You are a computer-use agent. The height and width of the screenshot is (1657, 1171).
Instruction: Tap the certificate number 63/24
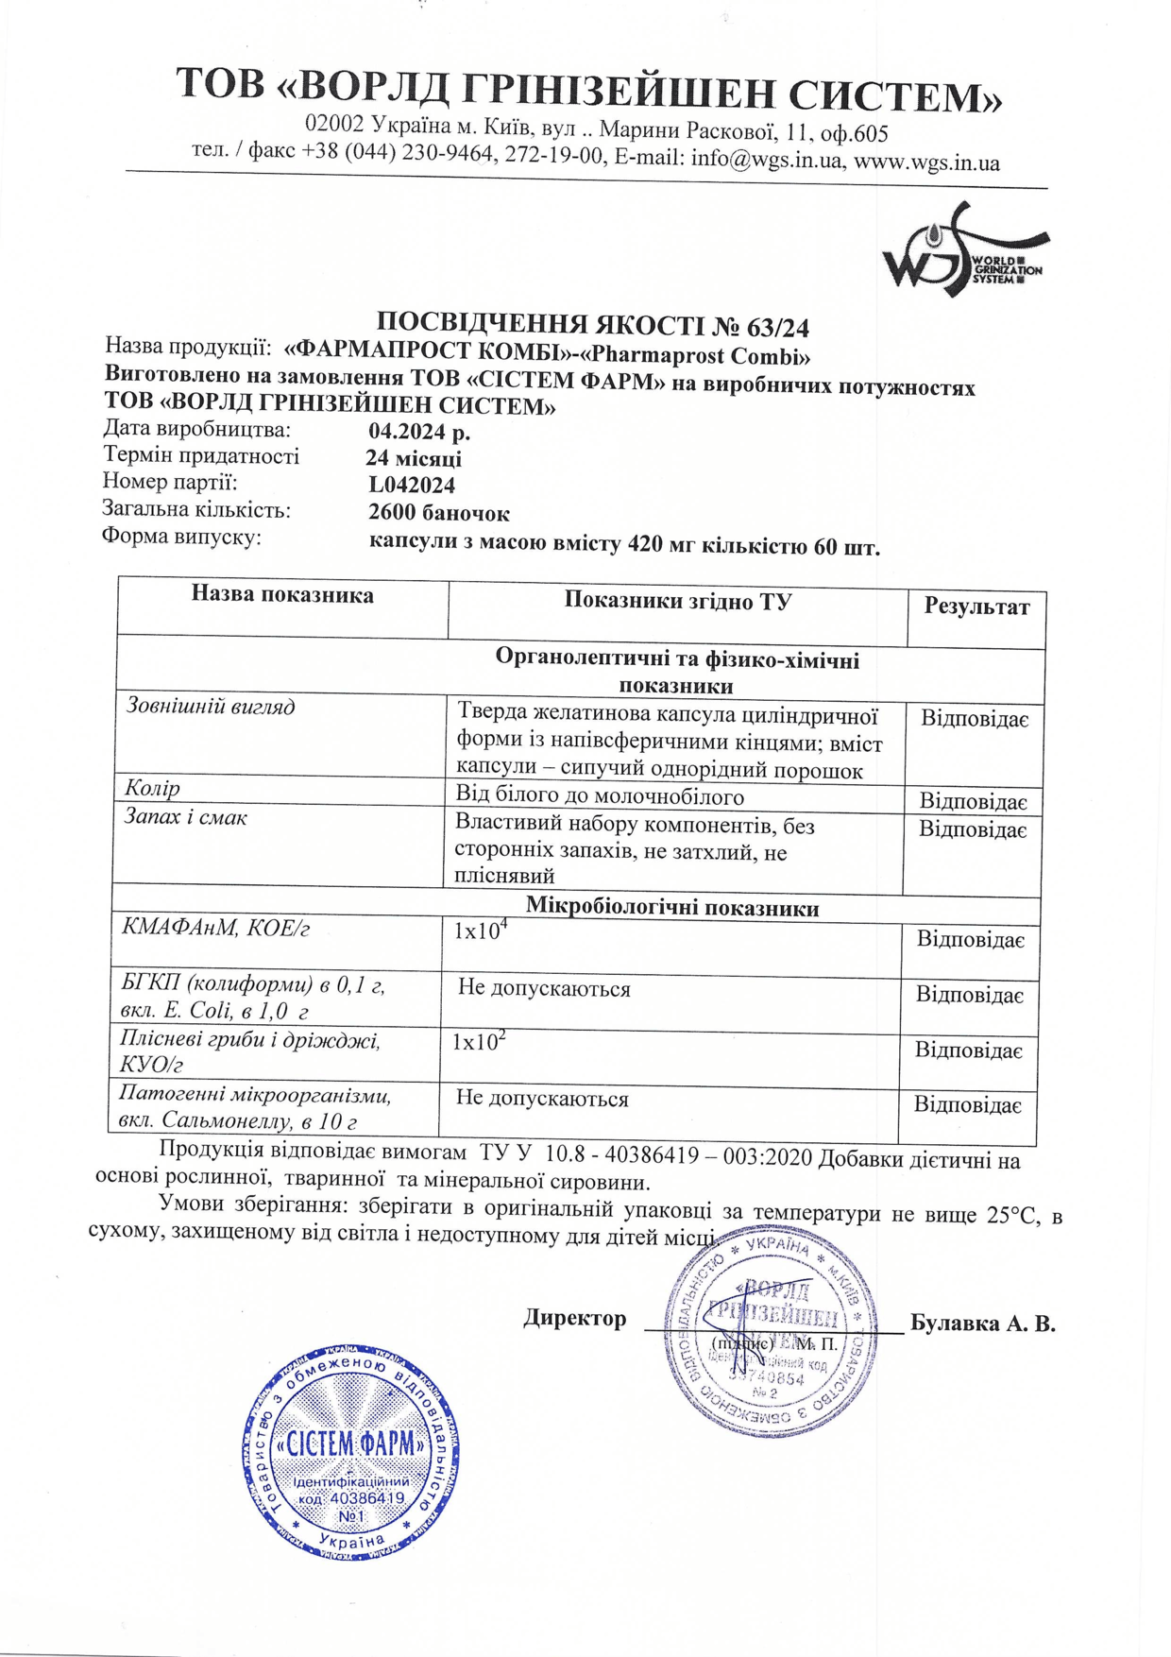[x=777, y=328]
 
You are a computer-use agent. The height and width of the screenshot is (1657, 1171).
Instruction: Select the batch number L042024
[x=413, y=486]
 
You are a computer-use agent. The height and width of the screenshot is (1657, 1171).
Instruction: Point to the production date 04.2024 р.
[x=419, y=432]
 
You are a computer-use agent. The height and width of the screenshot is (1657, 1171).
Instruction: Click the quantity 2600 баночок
[x=439, y=514]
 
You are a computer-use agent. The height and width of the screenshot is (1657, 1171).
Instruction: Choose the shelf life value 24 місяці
[x=414, y=459]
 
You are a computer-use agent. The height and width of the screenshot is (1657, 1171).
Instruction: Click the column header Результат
[x=976, y=607]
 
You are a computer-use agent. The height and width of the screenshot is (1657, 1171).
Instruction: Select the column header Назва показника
[x=282, y=595]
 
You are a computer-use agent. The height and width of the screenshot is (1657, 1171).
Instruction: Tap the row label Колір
[x=153, y=788]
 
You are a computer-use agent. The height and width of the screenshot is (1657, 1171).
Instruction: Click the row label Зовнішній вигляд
[x=211, y=706]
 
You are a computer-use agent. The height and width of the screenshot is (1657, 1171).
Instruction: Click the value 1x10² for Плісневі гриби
[x=478, y=1042]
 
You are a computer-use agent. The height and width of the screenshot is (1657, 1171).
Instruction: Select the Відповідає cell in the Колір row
[x=973, y=802]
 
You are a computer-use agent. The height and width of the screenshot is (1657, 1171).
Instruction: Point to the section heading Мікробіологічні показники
[x=671, y=909]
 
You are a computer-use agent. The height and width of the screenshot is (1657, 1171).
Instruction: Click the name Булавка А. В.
[x=982, y=1324]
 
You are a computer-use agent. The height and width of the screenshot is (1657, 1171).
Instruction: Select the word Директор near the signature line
[x=575, y=1319]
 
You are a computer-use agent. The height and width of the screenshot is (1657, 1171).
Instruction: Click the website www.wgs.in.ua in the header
[x=926, y=162]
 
